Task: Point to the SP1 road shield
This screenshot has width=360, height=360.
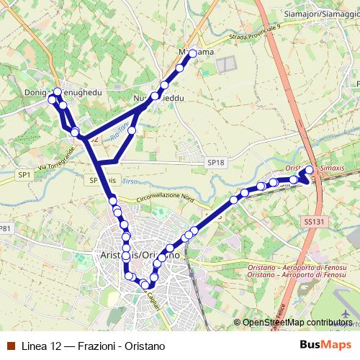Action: pos(24,175)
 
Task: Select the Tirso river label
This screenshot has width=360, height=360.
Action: pos(130,182)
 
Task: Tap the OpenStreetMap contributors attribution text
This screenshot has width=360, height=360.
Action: pos(297,323)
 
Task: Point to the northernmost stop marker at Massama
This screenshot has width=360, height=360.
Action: pos(192,53)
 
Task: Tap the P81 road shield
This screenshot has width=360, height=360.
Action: pos(6,228)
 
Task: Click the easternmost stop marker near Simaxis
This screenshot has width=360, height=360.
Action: pos(310,170)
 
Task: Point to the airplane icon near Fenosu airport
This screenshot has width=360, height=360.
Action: pos(349,315)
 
